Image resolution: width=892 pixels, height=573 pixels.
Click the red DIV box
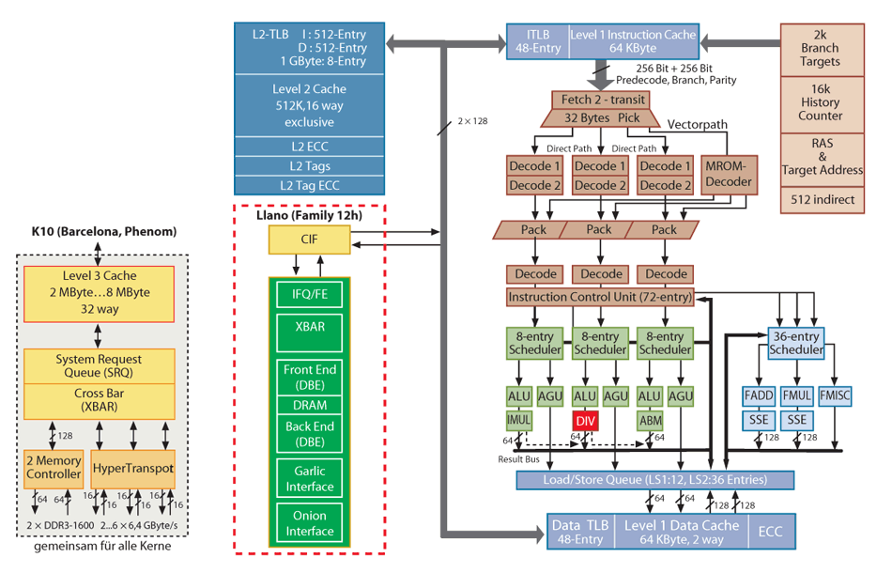pyautogui.click(x=586, y=421)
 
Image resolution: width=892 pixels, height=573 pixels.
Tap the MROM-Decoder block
pyautogui.click(x=730, y=176)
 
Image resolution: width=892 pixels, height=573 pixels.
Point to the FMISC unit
pyautogui.click(x=835, y=396)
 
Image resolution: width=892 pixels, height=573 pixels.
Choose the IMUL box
pyautogui.click(x=519, y=420)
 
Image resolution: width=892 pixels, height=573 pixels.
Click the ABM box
pyautogui.click(x=651, y=420)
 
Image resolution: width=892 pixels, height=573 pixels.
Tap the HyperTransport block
pyautogui.click(x=132, y=467)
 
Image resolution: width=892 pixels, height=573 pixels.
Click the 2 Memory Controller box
pyautogui.click(x=54, y=467)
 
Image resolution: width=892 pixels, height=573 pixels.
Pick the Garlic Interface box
pyautogui.click(x=309, y=479)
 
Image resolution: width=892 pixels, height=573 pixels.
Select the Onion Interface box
pyautogui.click(x=309, y=524)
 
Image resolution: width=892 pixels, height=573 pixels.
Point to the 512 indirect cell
pyautogui.click(x=821, y=200)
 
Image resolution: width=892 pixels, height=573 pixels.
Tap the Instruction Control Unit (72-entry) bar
pyautogui.click(x=600, y=297)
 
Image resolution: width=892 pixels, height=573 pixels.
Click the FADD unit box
pyautogui.click(x=759, y=396)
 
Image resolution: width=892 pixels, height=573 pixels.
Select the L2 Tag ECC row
pyautogui.click(x=309, y=184)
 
